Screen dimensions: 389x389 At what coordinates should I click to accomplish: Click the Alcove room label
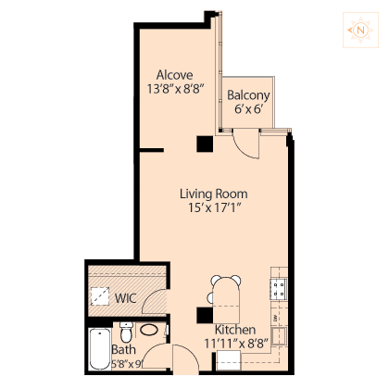tap(175, 75)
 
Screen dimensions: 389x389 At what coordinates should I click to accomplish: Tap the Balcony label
tap(248, 95)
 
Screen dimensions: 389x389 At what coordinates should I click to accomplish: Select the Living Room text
tap(214, 194)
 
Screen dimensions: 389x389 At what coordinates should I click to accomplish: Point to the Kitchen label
tap(235, 330)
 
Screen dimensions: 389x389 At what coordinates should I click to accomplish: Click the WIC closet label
tap(125, 298)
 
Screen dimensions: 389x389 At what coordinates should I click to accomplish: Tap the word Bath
tap(123, 350)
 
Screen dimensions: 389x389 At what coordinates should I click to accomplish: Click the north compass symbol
tap(360, 31)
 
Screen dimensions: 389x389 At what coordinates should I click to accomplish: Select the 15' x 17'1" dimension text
tap(214, 207)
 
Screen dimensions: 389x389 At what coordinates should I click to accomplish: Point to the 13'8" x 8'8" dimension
tap(175, 89)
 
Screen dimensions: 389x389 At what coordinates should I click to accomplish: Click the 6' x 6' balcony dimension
tap(248, 109)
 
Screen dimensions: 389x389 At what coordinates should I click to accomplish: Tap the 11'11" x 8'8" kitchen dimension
tap(236, 344)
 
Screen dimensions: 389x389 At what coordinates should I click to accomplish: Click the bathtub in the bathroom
tap(100, 349)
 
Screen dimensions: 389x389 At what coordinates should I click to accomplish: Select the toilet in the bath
tap(126, 333)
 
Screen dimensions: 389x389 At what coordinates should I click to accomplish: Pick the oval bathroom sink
tap(149, 330)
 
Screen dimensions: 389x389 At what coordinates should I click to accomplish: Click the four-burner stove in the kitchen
tap(279, 289)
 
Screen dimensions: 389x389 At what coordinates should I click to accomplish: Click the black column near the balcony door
tap(205, 144)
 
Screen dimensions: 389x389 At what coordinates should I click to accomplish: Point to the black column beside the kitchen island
tap(205, 315)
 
